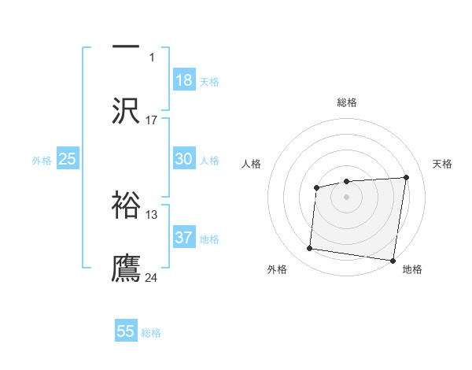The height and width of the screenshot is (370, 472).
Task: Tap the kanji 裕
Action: tap(126, 204)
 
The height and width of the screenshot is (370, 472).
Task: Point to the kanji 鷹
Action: tap(126, 268)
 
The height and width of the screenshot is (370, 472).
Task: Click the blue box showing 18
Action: tap(184, 80)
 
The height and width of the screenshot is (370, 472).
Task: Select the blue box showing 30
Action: tap(184, 159)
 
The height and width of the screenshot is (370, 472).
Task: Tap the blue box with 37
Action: tap(184, 238)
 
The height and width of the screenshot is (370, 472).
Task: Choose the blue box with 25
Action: tap(68, 159)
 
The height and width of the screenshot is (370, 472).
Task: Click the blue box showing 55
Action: tap(126, 331)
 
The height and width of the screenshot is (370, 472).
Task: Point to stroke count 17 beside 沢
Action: tap(152, 120)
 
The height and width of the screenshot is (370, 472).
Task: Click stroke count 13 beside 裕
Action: tap(152, 214)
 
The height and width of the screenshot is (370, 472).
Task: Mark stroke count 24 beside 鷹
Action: tap(152, 277)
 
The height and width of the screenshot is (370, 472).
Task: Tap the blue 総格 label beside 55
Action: tap(151, 333)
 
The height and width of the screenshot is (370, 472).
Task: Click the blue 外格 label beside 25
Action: tap(42, 161)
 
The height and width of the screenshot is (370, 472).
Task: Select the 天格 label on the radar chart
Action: tap(442, 164)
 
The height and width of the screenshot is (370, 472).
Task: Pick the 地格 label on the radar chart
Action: tap(412, 270)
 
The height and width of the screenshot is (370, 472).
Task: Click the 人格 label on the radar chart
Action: tap(251, 164)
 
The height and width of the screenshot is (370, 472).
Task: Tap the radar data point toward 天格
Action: tap(406, 177)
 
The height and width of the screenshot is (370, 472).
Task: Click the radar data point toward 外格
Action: tap(309, 249)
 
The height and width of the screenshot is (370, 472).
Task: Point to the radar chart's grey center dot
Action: tap(346, 196)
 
